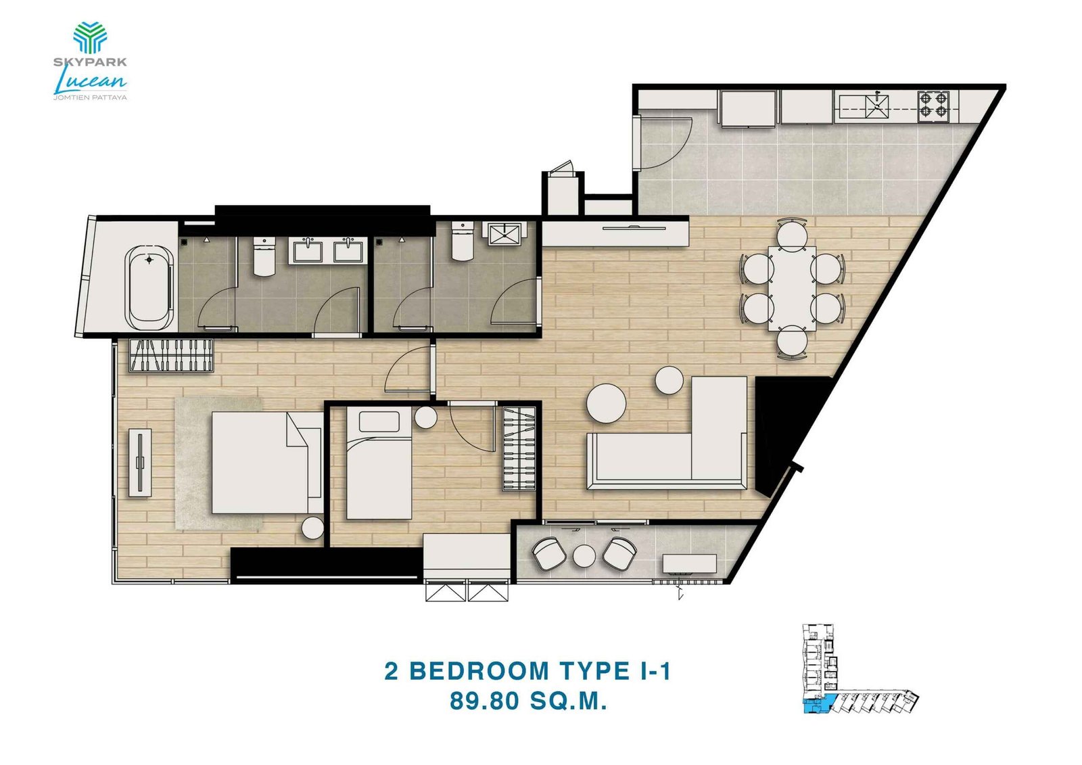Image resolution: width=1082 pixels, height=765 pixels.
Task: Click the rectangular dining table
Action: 792,287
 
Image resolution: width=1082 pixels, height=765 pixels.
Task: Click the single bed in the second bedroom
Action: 379,464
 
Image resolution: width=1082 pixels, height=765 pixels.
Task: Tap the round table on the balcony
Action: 584,556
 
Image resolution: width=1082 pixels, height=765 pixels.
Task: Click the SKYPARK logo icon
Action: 90,37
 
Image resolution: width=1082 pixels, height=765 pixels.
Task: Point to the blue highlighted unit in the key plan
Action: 820,704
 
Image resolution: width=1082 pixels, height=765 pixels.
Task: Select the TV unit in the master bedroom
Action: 140,463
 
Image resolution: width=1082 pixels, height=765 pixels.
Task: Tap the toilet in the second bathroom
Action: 462,241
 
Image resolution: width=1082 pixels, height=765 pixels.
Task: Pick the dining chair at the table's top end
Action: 791,232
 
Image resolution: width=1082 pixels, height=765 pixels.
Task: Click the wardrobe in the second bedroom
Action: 519,448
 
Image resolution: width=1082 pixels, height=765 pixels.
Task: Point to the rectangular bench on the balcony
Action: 690,563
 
